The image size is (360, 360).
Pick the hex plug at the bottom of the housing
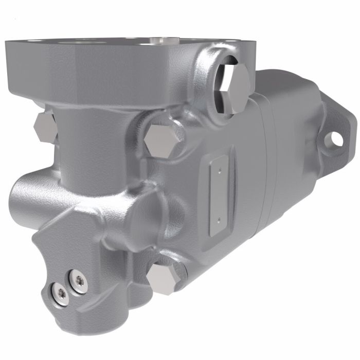pyautogui.click(x=163, y=278)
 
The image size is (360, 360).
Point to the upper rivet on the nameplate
pyautogui.click(x=218, y=167)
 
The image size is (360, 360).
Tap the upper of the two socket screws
pyautogui.click(x=79, y=280)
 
